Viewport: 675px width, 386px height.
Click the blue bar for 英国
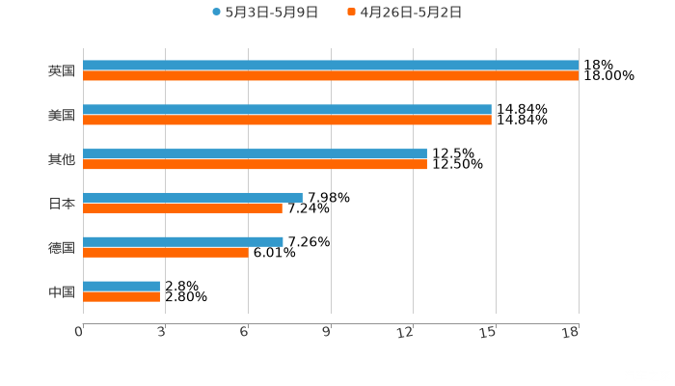tap(331, 66)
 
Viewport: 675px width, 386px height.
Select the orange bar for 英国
tap(331, 76)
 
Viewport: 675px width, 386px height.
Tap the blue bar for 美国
tap(287, 110)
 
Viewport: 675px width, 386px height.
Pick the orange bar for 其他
tap(255, 165)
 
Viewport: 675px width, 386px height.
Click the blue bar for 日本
tap(193, 198)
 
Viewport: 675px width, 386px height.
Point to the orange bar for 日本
tap(182, 208)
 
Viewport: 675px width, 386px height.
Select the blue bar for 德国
tap(183, 241)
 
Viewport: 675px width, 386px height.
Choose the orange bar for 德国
tap(166, 253)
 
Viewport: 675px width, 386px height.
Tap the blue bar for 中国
tap(121, 286)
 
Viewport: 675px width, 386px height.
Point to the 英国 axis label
tap(62, 71)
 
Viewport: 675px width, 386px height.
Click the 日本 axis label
tap(62, 204)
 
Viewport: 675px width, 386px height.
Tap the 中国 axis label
tap(62, 291)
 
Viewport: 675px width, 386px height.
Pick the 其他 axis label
tap(62, 160)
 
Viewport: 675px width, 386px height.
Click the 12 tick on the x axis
tap(406, 333)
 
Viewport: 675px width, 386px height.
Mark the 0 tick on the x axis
tap(80, 333)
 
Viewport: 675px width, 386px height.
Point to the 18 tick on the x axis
tap(571, 333)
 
